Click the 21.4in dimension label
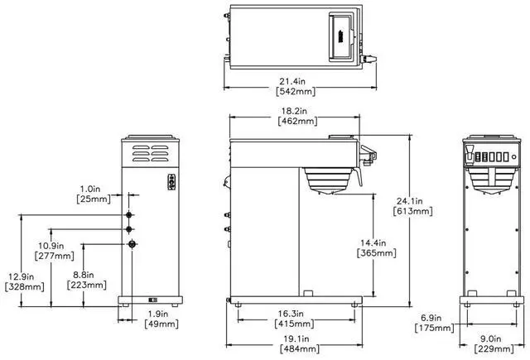tap(292, 81)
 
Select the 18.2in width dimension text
tap(295, 111)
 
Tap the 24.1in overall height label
tap(409, 201)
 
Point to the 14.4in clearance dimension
tap(373, 242)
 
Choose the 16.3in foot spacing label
tap(291, 314)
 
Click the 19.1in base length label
tap(296, 338)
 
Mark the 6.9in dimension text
tap(431, 318)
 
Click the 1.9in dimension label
tap(158, 314)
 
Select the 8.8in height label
tap(83, 275)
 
